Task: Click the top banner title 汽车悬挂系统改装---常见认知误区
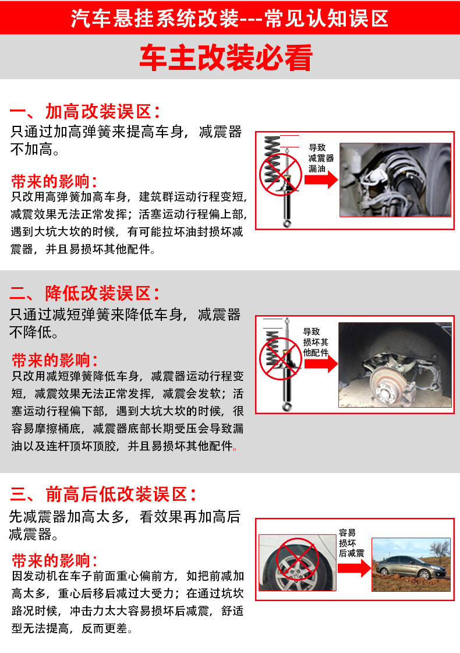pos(229,18)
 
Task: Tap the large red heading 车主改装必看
pos(226,58)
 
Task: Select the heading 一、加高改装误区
pos(85,111)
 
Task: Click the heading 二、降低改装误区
pos(84,293)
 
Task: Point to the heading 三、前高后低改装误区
pos(103,495)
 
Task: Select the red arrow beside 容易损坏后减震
pos(354,568)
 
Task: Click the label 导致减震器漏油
pos(321,158)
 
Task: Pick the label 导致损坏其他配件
pos(316,342)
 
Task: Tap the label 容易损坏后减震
pos(351,543)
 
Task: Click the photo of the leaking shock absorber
pos(395,180)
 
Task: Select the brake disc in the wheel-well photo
pos(387,386)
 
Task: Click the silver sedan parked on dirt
pos(411,567)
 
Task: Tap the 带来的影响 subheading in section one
pos(54,182)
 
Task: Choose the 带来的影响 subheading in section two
pos(55,360)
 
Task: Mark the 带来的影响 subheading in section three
pos(55,560)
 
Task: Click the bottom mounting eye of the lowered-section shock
pos(287,407)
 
